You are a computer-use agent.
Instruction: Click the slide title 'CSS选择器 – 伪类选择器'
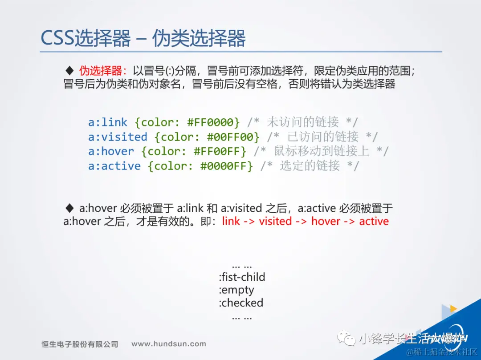143,38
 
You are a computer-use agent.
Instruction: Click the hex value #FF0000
210,122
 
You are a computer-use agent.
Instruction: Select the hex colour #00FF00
230,137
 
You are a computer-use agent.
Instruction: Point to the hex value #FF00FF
217,151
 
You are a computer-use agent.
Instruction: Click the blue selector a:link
108,122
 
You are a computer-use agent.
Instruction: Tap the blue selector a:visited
118,137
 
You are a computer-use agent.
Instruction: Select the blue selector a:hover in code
111,151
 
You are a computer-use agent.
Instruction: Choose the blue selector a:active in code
114,166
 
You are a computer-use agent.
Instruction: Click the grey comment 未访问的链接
303,122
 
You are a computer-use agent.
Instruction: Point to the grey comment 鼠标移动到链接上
322,151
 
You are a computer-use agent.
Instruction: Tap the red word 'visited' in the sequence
275,221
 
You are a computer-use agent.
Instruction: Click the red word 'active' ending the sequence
374,221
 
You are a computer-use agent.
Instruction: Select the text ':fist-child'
242,277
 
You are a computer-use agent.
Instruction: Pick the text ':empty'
236,290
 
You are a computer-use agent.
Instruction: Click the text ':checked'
241,303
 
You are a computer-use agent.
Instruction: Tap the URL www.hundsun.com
169,344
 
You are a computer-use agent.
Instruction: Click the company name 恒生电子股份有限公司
80,344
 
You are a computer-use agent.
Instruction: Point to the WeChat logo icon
346,338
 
